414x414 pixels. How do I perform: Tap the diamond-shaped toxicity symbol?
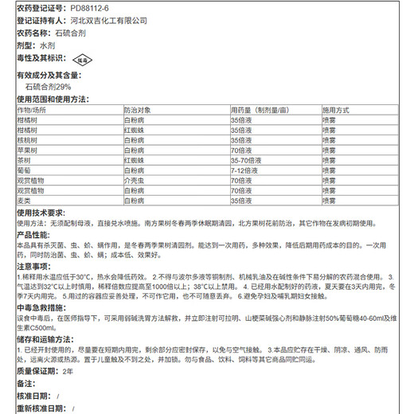[82, 59]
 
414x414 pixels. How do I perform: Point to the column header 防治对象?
[137, 109]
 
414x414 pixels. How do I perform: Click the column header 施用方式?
[336, 109]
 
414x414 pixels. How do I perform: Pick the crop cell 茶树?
[24, 159]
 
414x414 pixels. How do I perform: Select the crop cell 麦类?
[24, 201]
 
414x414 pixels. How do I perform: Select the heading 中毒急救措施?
[40, 306]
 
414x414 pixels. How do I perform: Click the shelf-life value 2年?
[67, 371]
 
